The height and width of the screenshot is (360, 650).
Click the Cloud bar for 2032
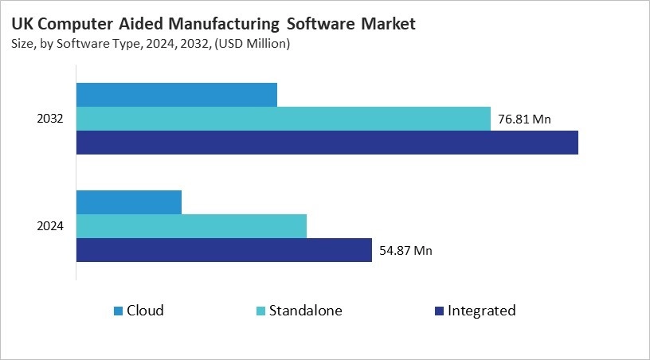(x=177, y=94)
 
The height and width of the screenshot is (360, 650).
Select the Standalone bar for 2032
(x=284, y=119)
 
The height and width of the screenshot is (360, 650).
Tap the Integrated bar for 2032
(x=327, y=143)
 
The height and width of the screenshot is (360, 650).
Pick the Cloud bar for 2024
(x=129, y=202)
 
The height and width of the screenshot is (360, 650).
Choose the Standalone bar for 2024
(x=191, y=226)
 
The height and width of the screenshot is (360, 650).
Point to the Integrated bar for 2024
(x=224, y=250)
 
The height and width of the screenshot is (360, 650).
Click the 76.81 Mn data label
(x=525, y=119)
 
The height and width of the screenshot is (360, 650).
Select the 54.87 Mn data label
(x=405, y=250)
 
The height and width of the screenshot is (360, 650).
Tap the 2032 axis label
(x=50, y=119)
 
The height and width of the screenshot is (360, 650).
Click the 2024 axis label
(x=50, y=226)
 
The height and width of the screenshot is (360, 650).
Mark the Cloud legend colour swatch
(x=119, y=311)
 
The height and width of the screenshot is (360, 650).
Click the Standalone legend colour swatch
(x=261, y=311)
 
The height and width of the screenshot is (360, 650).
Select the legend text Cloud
(x=145, y=311)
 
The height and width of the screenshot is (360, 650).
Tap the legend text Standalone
(x=306, y=311)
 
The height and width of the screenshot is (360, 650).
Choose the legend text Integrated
(x=482, y=311)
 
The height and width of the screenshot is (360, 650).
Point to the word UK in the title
(x=22, y=25)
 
